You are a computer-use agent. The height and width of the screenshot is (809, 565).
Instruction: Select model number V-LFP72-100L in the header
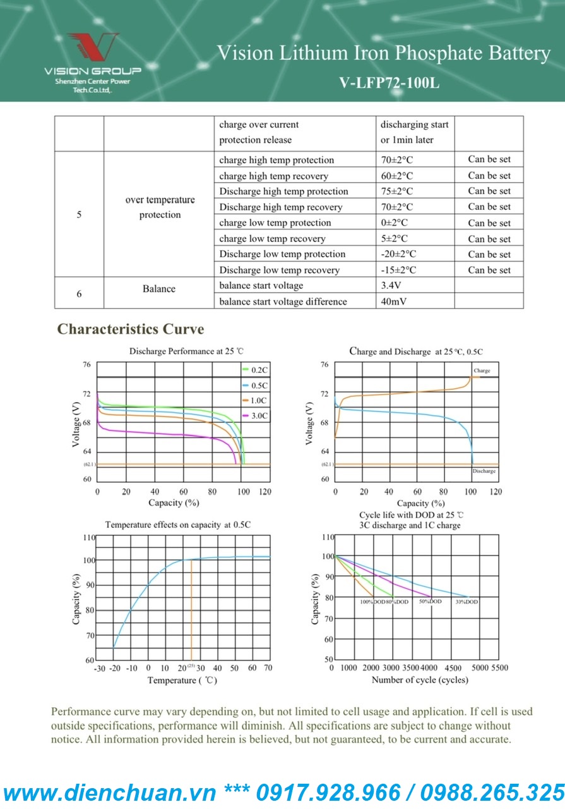point(388,82)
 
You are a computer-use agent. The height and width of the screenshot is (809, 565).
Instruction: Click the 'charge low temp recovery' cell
point(272,239)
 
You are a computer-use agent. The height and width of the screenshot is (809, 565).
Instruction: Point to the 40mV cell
point(394,301)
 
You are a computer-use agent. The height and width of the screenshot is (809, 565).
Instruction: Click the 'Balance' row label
point(159,289)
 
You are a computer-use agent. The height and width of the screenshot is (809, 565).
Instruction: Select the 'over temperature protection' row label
point(160,207)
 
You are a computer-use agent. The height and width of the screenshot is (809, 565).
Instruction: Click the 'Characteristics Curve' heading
point(131,329)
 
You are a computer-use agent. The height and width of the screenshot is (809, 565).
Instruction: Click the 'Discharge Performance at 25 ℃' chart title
point(181,351)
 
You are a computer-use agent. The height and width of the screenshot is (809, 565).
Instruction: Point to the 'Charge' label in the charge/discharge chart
point(482,370)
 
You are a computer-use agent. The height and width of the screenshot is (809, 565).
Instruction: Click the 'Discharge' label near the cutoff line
point(484,471)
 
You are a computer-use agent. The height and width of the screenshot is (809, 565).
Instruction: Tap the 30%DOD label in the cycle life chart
point(467,602)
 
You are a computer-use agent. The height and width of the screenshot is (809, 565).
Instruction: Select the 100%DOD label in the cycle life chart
point(372,602)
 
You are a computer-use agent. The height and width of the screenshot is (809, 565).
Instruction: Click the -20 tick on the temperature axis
point(114,668)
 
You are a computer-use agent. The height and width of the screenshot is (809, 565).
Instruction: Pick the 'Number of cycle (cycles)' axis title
point(420,680)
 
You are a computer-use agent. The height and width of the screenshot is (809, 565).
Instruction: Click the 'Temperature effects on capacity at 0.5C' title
point(178,525)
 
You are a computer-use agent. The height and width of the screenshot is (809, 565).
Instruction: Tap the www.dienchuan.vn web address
point(110,793)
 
